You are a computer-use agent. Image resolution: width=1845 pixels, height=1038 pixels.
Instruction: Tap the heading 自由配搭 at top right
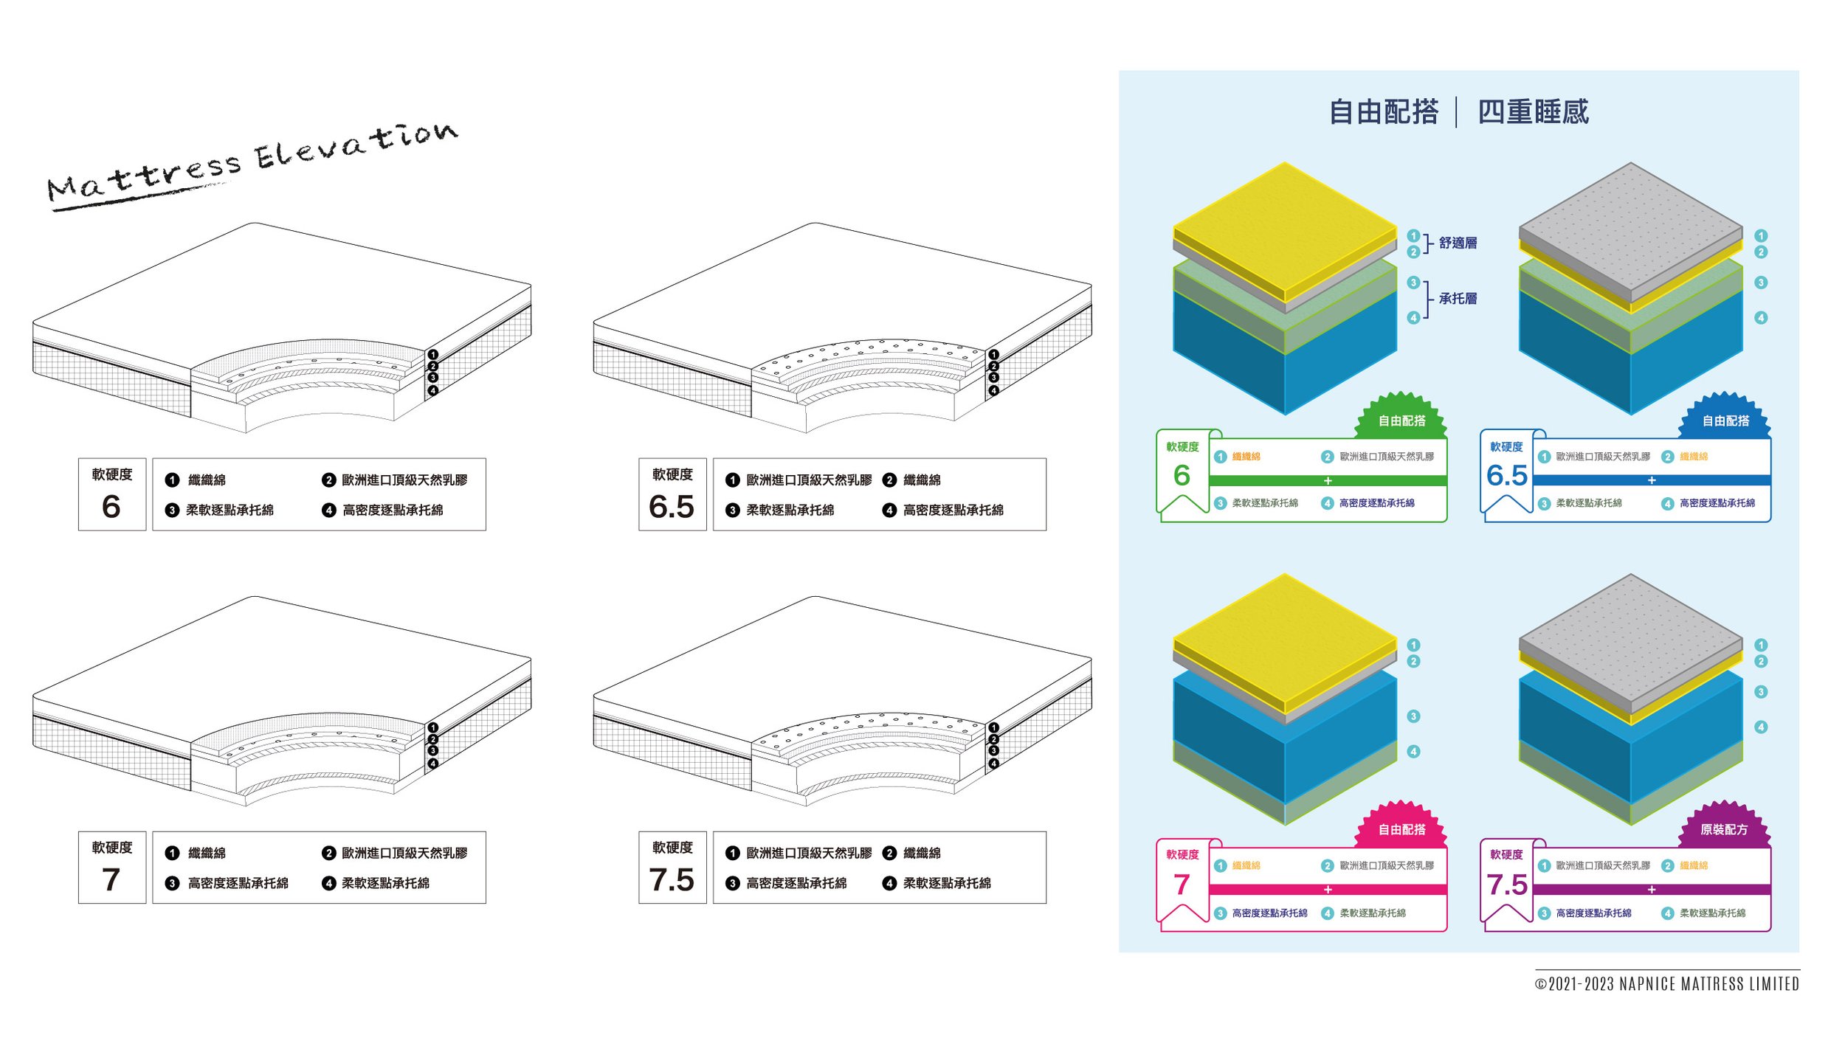[1383, 112]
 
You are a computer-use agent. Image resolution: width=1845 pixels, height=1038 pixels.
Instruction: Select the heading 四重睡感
[1533, 112]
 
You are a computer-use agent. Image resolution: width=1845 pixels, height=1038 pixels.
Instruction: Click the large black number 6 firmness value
[111, 507]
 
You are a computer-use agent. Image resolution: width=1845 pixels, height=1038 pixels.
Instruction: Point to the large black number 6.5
[672, 507]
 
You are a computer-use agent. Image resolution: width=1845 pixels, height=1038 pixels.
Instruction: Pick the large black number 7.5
[672, 880]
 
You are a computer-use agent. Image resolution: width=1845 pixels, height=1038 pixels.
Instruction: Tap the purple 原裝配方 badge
[1724, 829]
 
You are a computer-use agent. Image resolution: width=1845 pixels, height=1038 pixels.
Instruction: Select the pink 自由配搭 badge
[1401, 829]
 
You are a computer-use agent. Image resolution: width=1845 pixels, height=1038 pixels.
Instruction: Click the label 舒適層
[1458, 243]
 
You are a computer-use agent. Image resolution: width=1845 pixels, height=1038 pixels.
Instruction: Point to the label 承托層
[1458, 299]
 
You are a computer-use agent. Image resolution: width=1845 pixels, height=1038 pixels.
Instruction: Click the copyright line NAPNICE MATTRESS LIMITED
[1667, 984]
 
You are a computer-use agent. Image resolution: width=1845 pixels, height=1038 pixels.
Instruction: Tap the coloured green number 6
[1182, 475]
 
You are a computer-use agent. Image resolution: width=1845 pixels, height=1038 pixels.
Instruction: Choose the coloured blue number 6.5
[1506, 475]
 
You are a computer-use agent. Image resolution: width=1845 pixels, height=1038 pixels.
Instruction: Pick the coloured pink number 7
[1182, 884]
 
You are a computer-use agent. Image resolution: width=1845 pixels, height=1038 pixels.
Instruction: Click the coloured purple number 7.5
[1506, 884]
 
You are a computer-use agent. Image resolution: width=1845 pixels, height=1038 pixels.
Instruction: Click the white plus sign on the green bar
[1328, 481]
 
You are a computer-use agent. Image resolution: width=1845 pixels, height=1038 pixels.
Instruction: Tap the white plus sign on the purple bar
[1652, 890]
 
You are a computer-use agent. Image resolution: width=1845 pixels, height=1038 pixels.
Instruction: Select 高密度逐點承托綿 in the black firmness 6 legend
[393, 510]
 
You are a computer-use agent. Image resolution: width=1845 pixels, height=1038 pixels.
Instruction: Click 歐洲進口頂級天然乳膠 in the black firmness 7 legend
[404, 853]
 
